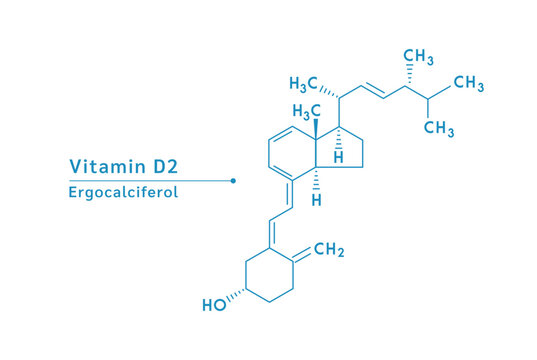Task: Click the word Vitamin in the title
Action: point(108,166)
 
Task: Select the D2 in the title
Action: point(166,166)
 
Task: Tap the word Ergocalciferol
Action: point(123,192)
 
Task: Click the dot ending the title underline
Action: point(233,181)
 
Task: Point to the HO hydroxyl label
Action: point(214,305)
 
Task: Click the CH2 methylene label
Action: point(329,249)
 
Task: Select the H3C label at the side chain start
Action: point(303,84)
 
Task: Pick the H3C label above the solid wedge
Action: point(307,112)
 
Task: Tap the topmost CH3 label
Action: point(418,57)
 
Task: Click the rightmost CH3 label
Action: point(469,84)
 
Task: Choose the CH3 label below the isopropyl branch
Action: point(439,128)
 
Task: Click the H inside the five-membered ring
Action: point(338,158)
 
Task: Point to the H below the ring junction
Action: point(316,200)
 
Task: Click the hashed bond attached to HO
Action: point(236,295)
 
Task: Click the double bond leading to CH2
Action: point(302,255)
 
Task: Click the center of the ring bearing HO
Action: point(270,275)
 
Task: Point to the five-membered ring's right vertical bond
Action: point(363,154)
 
